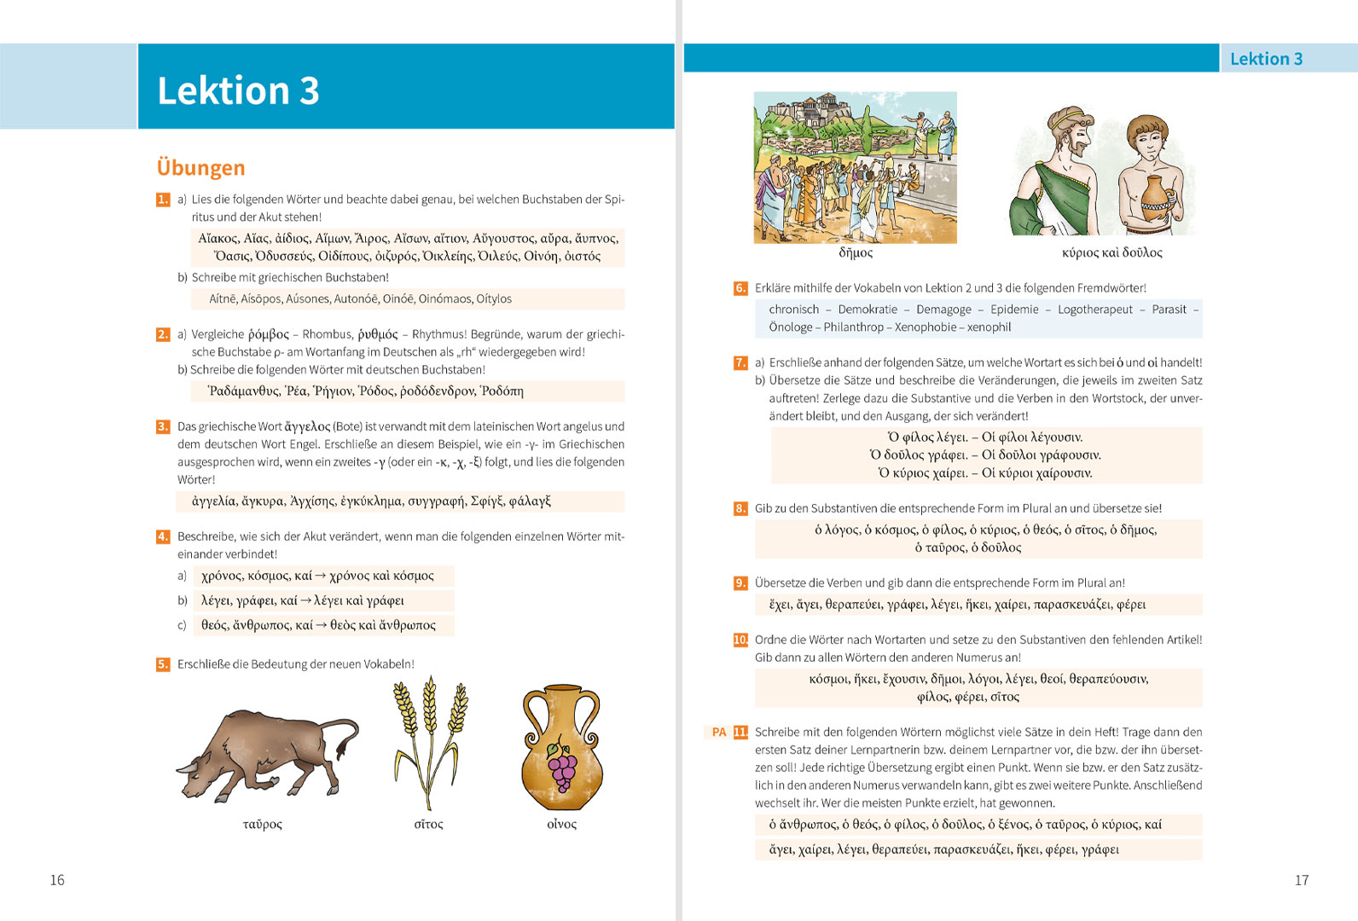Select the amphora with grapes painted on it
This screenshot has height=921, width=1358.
pyautogui.click(x=561, y=748)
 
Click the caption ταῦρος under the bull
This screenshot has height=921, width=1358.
pyautogui.click(x=262, y=824)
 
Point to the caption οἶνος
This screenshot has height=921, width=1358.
pyautogui.click(x=561, y=824)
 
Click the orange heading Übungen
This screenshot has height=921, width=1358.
pyautogui.click(x=201, y=167)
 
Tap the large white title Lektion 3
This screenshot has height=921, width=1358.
pyautogui.click(x=238, y=90)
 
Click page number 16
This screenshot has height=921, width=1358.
pyautogui.click(x=57, y=880)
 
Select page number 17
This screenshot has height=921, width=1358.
pyautogui.click(x=1302, y=880)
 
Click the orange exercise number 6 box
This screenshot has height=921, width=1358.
pyautogui.click(x=740, y=288)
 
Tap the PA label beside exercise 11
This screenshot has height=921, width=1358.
pyautogui.click(x=719, y=732)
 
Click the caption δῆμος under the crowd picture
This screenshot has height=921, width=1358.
pyautogui.click(x=856, y=252)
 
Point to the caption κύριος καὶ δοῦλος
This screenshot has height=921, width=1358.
pyautogui.click(x=1111, y=252)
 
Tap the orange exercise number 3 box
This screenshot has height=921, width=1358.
pyautogui.click(x=163, y=426)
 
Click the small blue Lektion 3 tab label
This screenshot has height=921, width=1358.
pyautogui.click(x=1266, y=59)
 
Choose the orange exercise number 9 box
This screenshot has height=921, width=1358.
pyautogui.click(x=740, y=583)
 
